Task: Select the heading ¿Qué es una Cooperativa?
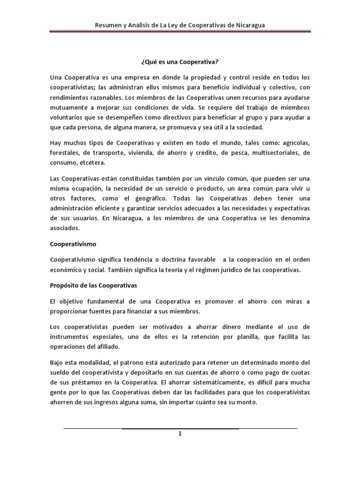(180, 61)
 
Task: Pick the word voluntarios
(68, 117)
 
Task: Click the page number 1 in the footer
(180, 434)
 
